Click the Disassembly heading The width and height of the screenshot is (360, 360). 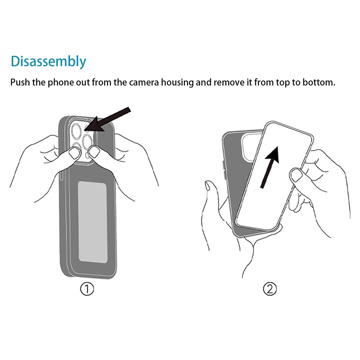(49, 62)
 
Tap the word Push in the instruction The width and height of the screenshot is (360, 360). (20, 82)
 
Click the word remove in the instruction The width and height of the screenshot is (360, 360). (229, 82)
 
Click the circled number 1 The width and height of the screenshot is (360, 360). (87, 289)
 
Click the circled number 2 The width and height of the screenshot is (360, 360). (270, 289)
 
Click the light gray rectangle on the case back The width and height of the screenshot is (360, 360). (93, 222)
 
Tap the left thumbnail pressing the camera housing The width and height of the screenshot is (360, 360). (75, 153)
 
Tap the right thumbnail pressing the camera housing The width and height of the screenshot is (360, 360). (94, 152)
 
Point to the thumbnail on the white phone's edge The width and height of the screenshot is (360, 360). (296, 175)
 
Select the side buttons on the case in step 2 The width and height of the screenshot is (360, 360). (224, 170)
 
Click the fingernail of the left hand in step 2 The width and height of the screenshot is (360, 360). (208, 185)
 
